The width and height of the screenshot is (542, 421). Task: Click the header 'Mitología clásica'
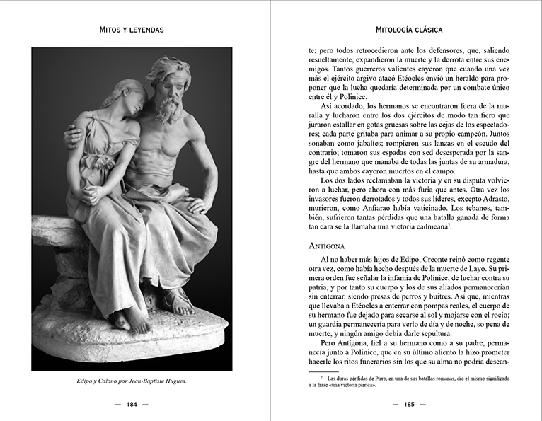[x=408, y=30]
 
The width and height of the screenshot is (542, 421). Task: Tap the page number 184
[x=132, y=405]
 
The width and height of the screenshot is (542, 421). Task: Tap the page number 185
[x=408, y=405]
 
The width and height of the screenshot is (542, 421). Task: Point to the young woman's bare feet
[x=134, y=318]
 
